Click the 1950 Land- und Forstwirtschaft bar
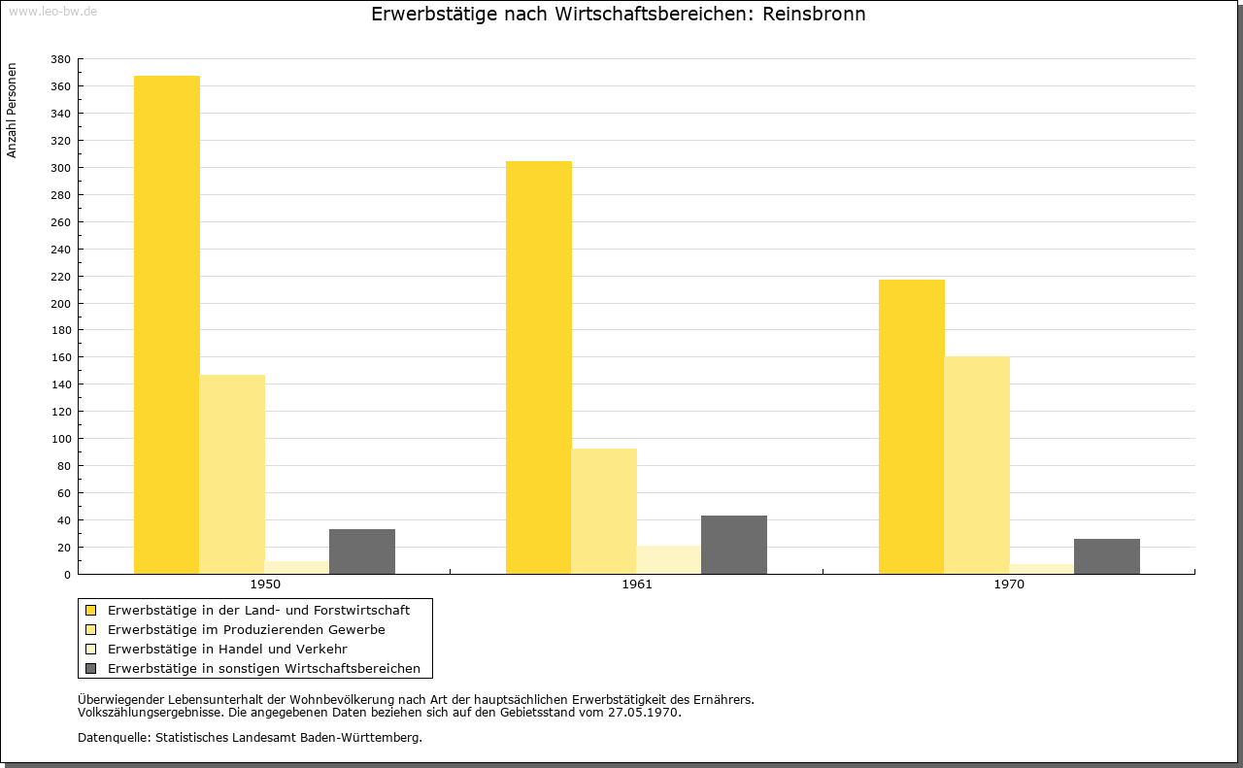(166, 324)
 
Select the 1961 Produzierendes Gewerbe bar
(604, 511)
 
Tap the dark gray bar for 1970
(1106, 556)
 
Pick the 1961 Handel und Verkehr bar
(669, 560)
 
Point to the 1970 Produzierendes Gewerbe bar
(977, 465)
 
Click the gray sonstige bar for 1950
(362, 551)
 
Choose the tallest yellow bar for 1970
(912, 427)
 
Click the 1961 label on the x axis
(637, 584)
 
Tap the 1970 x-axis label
(1009, 584)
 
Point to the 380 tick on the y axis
(60, 59)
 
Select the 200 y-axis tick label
(60, 304)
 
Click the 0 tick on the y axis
(67, 575)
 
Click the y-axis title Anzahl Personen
(12, 111)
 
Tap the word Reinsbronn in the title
(814, 14)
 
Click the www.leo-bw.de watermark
(52, 12)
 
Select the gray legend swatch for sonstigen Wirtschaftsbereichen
(90, 669)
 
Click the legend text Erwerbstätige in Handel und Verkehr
(227, 650)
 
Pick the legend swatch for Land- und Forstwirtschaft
(90, 611)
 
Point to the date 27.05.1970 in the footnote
(643, 713)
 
